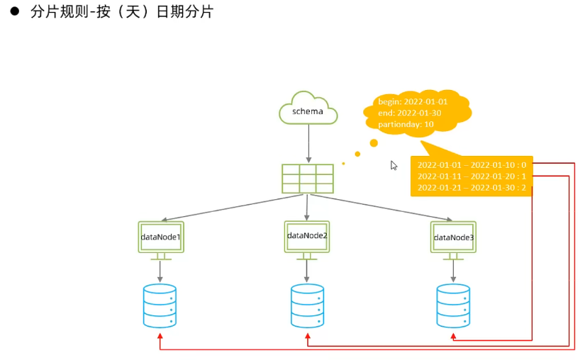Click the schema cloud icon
(x=308, y=111)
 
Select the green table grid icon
(x=308, y=179)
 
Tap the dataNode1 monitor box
(x=160, y=237)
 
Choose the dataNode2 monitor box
(x=307, y=235)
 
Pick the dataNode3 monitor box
(x=453, y=237)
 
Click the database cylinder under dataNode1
(x=160, y=305)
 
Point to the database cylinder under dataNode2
(x=307, y=305)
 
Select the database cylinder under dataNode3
(x=453, y=305)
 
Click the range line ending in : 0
(x=472, y=165)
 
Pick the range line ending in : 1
(x=472, y=176)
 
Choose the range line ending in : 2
(x=472, y=188)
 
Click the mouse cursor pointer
(x=394, y=165)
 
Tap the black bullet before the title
(x=12, y=12)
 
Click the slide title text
(x=121, y=12)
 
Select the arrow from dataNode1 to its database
(x=160, y=270)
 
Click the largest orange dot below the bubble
(x=374, y=143)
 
